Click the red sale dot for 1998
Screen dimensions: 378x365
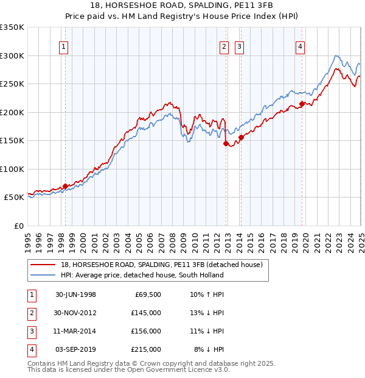tap(65, 186)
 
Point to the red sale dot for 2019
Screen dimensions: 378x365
tap(302, 104)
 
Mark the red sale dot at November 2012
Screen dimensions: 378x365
tap(226, 144)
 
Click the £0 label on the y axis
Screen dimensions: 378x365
tap(19, 226)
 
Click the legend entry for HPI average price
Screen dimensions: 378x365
tap(142, 275)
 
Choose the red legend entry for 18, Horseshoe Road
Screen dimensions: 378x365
tap(161, 265)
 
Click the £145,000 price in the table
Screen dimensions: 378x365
tap(147, 312)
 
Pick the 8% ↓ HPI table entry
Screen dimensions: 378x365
tap(209, 349)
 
